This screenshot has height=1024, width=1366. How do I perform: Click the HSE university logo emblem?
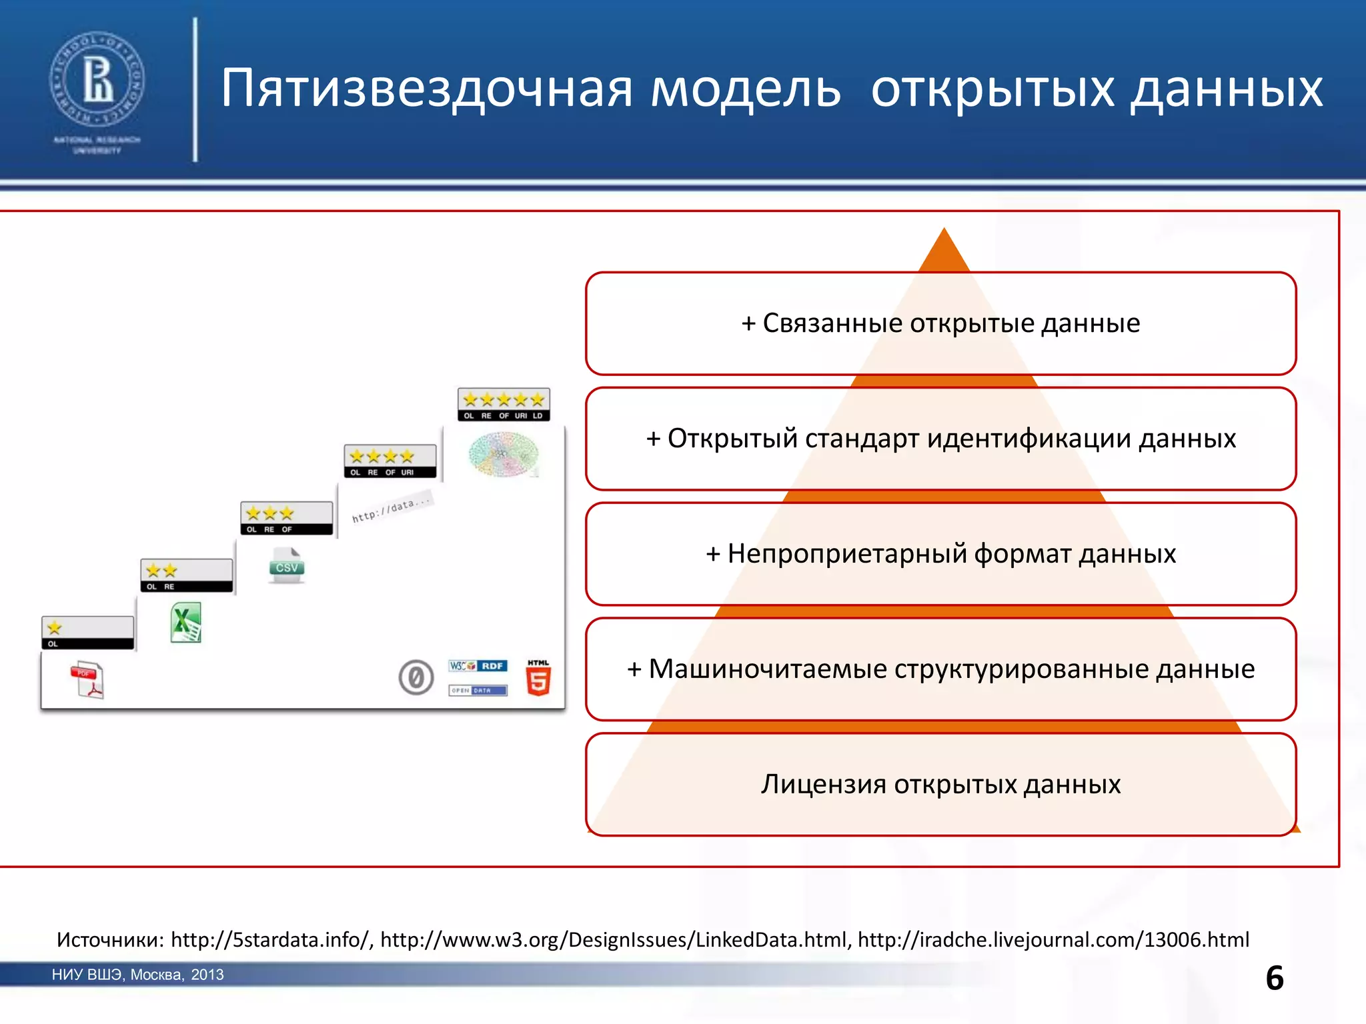tap(97, 79)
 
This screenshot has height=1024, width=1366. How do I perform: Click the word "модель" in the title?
tap(745, 89)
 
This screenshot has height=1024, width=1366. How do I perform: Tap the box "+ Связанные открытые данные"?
tap(940, 323)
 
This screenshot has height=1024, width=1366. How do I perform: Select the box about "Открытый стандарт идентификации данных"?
tap(940, 439)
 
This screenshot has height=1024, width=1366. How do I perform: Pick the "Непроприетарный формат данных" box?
tap(940, 554)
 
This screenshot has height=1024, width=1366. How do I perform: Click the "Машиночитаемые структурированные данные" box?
tap(940, 669)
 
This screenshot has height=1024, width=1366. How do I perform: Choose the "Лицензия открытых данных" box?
tap(940, 784)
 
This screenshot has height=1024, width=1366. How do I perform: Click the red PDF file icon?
tap(87, 680)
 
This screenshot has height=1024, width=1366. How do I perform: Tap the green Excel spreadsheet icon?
tap(186, 623)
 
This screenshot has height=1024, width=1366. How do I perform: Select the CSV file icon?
tap(287, 566)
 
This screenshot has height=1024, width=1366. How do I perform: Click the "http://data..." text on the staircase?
tap(392, 509)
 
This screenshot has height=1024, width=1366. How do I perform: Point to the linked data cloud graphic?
tap(504, 454)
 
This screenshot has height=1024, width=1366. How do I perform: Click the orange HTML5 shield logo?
tap(538, 678)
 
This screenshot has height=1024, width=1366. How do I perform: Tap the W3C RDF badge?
tap(478, 666)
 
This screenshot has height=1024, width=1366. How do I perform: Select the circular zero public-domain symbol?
tap(416, 678)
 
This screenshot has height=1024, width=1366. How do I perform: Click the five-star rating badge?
tap(504, 404)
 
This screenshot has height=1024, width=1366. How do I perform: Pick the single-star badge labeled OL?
tap(87, 632)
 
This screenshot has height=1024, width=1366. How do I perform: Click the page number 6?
tap(1274, 978)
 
